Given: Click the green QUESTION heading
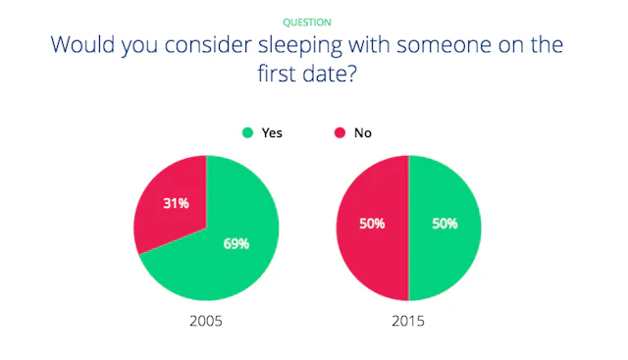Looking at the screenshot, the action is click(307, 23).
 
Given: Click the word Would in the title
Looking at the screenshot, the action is click(82, 44).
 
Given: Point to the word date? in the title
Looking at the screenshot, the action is click(330, 74).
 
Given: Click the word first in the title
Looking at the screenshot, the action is click(277, 74).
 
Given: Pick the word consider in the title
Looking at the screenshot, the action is click(208, 44).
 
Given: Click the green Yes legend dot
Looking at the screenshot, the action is click(248, 132).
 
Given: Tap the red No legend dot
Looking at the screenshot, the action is click(340, 132).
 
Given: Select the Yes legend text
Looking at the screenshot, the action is click(272, 133).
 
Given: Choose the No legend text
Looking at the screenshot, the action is click(363, 133).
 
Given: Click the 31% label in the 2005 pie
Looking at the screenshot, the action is click(176, 203).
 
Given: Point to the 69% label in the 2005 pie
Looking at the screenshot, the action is click(236, 243).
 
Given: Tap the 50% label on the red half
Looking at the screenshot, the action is click(372, 224).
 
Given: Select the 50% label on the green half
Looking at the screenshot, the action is click(445, 224).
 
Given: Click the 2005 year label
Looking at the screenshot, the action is click(206, 321).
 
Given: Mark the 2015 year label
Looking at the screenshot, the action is click(408, 321).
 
